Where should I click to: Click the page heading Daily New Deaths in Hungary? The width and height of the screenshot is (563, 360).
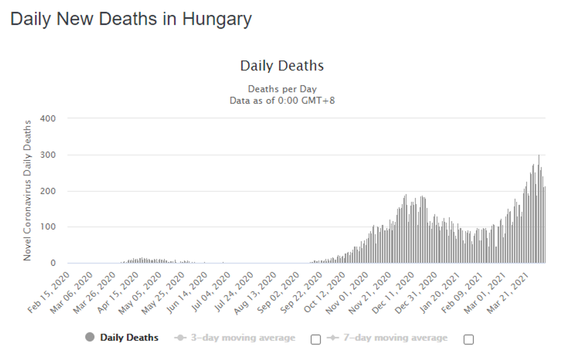(131, 19)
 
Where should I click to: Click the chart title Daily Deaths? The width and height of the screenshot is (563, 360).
(281, 66)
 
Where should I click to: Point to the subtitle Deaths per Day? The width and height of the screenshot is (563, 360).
(282, 89)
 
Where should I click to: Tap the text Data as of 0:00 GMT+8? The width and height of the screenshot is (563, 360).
(282, 100)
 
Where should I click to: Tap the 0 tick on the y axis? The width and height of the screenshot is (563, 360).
(53, 263)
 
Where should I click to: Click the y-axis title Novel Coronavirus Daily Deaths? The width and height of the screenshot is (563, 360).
(27, 190)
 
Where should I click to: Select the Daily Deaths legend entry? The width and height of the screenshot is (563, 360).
(129, 338)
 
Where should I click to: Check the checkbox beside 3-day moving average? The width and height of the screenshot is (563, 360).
(316, 339)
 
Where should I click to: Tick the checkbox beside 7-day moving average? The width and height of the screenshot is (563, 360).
(468, 339)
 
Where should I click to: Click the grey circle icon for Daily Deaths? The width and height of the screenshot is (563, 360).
(90, 337)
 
